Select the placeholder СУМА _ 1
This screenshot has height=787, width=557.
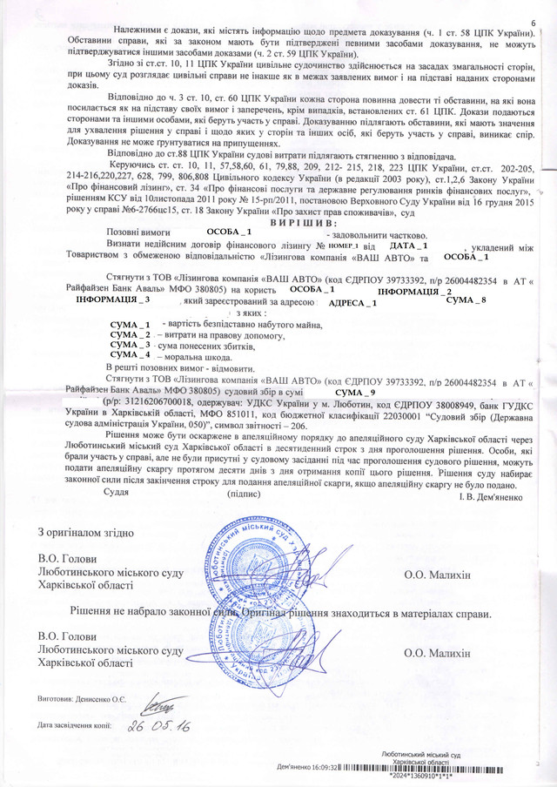(x=131, y=324)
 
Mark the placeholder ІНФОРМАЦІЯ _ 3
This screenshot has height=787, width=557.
(x=113, y=299)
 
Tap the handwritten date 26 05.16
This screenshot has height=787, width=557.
(x=159, y=725)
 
